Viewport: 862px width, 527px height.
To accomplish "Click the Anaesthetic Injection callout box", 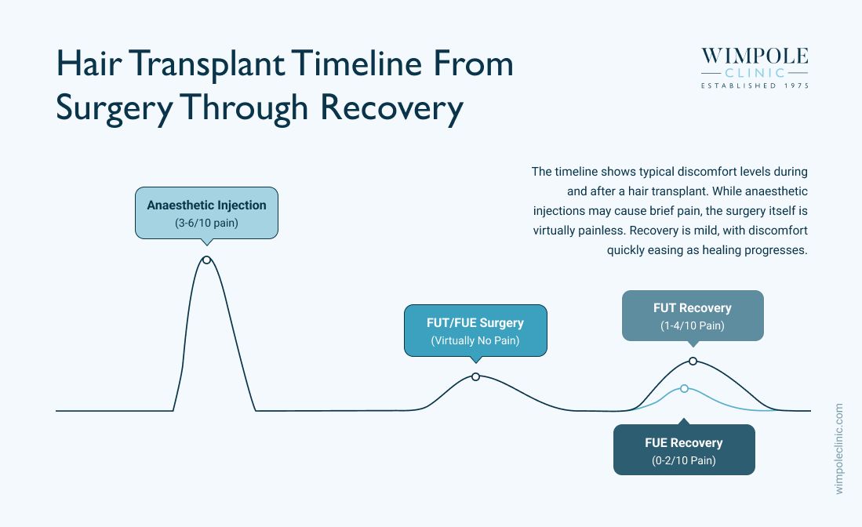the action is click(207, 213).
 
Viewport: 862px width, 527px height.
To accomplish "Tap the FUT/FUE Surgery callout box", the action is click(475, 331).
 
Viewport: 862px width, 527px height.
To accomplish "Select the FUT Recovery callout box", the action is click(693, 316).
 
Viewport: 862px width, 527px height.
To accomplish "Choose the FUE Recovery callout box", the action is click(684, 449).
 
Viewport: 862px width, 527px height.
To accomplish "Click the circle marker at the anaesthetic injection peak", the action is click(206, 260).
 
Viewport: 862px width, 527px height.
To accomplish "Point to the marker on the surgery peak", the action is click(475, 377).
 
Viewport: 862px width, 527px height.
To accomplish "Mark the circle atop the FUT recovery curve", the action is click(693, 361).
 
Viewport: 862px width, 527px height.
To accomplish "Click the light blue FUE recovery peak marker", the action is click(684, 388).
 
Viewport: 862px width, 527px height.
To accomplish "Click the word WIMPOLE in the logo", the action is click(755, 56).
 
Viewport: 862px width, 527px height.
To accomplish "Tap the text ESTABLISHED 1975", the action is click(755, 85).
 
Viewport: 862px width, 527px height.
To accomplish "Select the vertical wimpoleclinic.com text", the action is click(838, 449).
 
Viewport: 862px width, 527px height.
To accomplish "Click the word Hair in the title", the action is click(89, 64).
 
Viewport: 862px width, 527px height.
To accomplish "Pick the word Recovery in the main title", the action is click(391, 107).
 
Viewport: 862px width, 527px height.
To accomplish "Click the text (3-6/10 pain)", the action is click(207, 223).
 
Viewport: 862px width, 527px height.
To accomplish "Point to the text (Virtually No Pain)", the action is click(475, 340).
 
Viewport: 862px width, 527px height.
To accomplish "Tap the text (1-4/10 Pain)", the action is click(693, 326).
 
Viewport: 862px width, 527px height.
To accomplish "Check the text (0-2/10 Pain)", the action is click(684, 460).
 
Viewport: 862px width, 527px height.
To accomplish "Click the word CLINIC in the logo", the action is click(755, 73).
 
